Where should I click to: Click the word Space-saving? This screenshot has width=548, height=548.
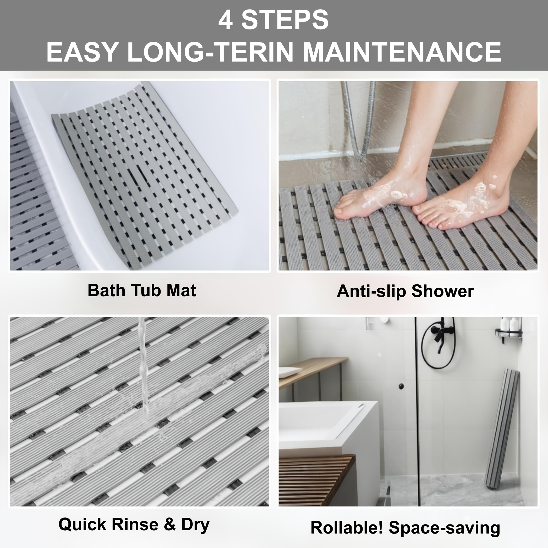pyautogui.click(x=445, y=528)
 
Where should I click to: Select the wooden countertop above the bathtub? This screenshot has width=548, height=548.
pyautogui.click(x=312, y=372)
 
